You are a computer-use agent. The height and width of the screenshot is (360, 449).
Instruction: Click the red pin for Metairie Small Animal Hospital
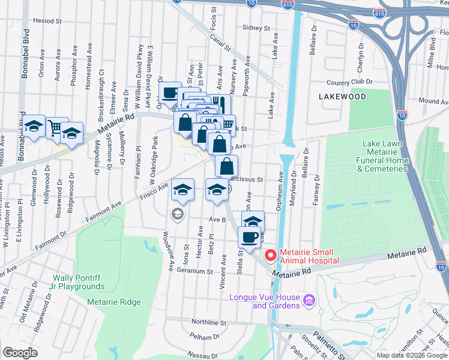[270, 256]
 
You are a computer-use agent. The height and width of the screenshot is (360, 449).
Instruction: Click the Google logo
[20, 353]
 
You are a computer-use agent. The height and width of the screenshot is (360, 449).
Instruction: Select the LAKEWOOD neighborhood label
[343, 96]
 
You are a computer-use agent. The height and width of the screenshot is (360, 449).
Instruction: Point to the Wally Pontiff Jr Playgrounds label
[79, 282]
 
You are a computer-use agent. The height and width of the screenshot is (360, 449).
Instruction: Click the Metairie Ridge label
[113, 302]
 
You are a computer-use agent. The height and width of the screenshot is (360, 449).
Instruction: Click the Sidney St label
[257, 27]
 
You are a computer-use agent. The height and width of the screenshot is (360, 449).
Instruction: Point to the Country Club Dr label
[350, 82]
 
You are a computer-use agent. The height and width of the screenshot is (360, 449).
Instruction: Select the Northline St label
[206, 322]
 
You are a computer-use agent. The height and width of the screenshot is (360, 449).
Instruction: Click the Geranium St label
[193, 271]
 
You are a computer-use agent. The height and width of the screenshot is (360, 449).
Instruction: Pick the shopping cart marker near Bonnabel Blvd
[56, 127]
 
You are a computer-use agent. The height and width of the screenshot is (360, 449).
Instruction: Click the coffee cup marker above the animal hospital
[249, 236]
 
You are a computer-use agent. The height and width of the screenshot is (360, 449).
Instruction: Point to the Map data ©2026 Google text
[412, 355]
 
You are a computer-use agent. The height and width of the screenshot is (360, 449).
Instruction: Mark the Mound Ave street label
[429, 101]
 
